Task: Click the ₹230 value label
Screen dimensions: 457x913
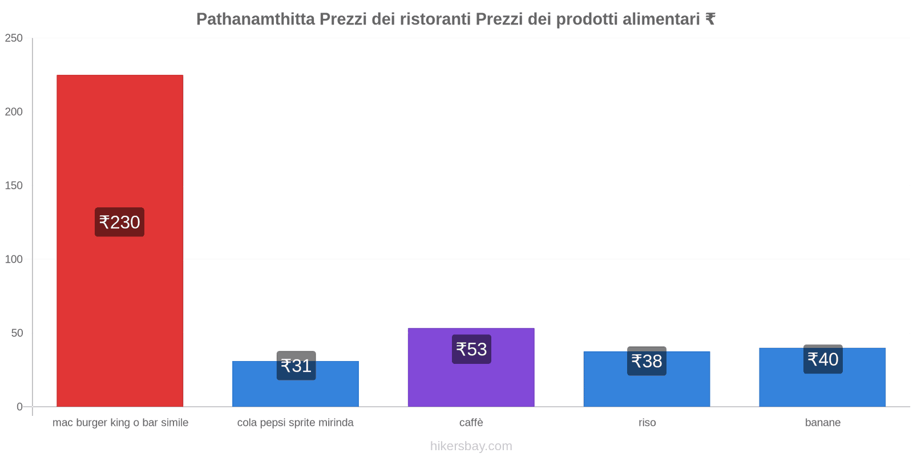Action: (119, 222)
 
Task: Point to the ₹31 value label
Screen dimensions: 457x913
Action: (296, 366)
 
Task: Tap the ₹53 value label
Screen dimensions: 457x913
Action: (471, 349)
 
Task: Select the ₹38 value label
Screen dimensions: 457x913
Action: (647, 361)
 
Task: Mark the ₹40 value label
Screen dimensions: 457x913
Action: (823, 359)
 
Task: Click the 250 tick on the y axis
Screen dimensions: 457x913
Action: (14, 38)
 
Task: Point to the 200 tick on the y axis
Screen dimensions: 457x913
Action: (14, 112)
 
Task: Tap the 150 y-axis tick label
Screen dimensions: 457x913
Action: (14, 186)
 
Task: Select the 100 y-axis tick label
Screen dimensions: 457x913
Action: (14, 259)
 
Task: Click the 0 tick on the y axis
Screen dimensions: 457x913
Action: (19, 407)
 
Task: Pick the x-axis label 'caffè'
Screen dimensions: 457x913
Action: (471, 423)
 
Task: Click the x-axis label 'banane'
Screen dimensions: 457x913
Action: (823, 423)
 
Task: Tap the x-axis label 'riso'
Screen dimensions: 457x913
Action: (647, 423)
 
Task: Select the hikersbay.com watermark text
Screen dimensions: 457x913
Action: (471, 446)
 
